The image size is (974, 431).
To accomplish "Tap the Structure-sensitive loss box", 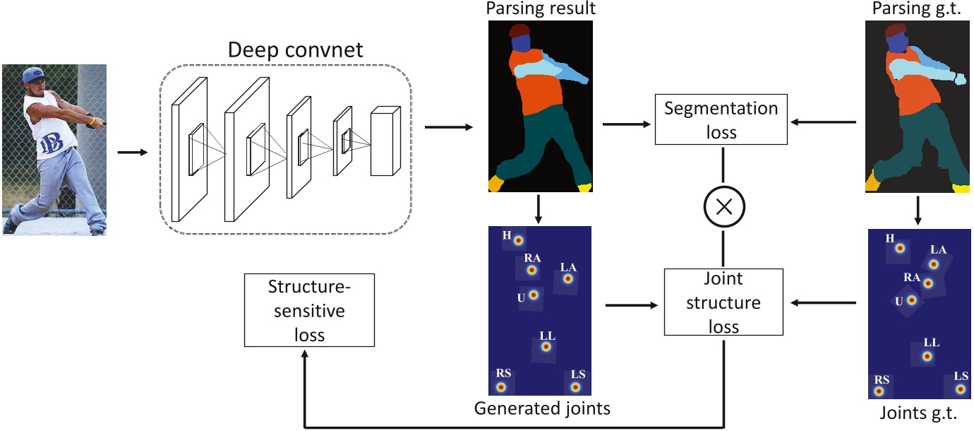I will point(309,310).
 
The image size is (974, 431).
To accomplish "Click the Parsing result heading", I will point(540,9).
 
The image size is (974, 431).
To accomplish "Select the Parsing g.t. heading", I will point(919,9).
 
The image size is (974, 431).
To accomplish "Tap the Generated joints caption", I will point(542,408).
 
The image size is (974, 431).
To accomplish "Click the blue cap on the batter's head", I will point(34,74).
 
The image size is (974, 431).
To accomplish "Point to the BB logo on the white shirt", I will point(52,141).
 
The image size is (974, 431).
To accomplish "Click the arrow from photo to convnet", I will point(132,152).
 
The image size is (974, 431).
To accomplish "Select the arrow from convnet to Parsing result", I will point(448,128).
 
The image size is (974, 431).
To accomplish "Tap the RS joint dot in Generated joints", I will point(501,387).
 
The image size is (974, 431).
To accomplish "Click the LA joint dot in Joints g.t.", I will point(934,264).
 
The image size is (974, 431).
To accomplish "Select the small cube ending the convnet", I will point(385,141).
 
